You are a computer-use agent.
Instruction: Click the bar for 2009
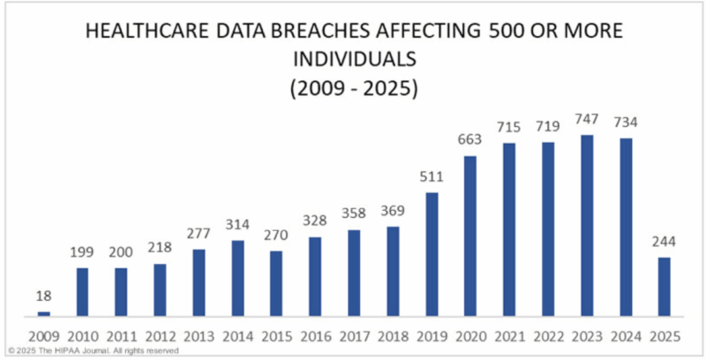[x=44, y=313]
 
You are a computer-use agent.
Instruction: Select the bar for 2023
[x=588, y=226]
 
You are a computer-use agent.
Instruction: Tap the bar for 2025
[x=665, y=287]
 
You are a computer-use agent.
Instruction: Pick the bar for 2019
[x=432, y=254]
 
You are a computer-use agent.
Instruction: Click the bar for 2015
[x=277, y=283]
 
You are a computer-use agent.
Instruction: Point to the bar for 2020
[x=471, y=236]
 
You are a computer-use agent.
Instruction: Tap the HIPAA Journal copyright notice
[x=93, y=350]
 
